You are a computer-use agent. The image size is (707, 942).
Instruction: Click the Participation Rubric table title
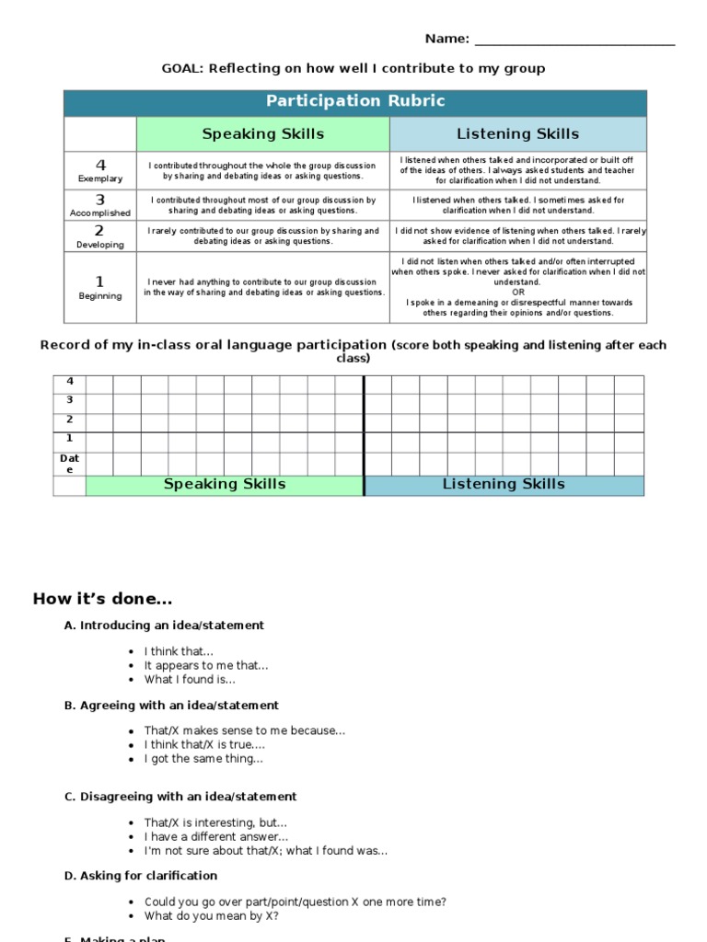354,101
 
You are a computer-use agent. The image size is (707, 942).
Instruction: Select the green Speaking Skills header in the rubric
262,134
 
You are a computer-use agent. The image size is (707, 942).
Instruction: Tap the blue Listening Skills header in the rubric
518,134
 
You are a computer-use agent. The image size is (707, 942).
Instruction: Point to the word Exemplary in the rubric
100,178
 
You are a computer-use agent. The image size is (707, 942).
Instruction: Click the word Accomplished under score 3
100,213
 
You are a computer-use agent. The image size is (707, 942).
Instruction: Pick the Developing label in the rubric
100,245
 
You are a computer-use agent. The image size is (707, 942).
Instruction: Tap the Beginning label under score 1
100,296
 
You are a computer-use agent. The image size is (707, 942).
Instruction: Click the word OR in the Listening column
518,293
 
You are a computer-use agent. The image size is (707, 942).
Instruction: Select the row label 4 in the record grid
70,382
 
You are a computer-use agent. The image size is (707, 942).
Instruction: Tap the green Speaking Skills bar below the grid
225,485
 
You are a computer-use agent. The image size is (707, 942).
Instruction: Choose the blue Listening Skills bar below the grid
504,485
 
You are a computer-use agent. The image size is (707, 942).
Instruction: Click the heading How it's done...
102,600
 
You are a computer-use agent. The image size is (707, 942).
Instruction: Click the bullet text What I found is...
190,680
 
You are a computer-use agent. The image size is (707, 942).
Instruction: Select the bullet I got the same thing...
203,759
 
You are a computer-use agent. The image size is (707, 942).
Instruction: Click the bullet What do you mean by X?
211,916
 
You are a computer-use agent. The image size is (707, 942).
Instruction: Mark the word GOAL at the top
181,68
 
